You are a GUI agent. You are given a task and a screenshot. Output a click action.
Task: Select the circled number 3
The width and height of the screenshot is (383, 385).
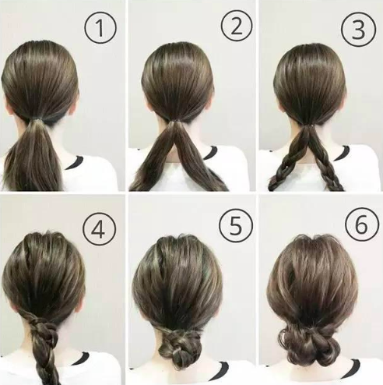click(357, 28)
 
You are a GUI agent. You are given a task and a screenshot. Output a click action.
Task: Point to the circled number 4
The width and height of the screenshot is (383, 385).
click(100, 230)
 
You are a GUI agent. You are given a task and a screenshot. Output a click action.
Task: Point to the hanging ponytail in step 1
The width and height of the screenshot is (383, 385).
click(35, 160)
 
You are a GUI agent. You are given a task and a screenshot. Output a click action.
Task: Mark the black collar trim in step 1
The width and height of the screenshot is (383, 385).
click(76, 162)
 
